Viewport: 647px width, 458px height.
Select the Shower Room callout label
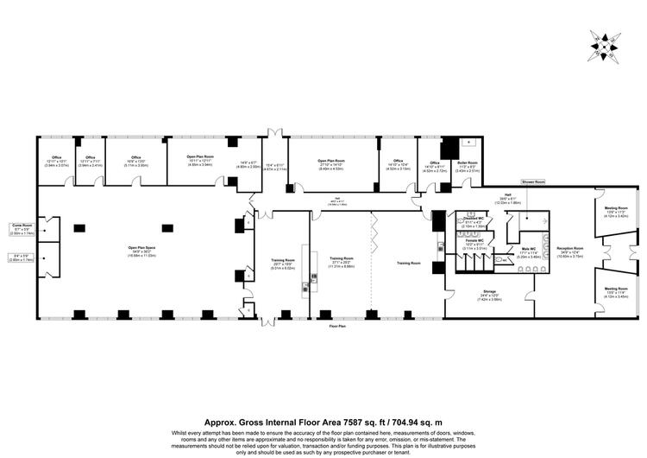[533, 182]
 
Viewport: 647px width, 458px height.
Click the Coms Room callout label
[23, 227]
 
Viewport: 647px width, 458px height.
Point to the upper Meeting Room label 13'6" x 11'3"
[616, 211]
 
